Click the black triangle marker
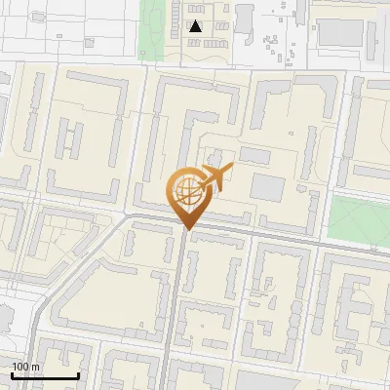[x=196, y=26]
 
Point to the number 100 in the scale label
[x=19, y=367]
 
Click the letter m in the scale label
[x=35, y=367]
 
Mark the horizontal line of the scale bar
[x=45, y=376]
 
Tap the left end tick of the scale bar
[x=12, y=374]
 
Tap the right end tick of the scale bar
[x=78, y=374]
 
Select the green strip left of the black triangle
[x=151, y=29]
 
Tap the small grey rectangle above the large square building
[x=254, y=154]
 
